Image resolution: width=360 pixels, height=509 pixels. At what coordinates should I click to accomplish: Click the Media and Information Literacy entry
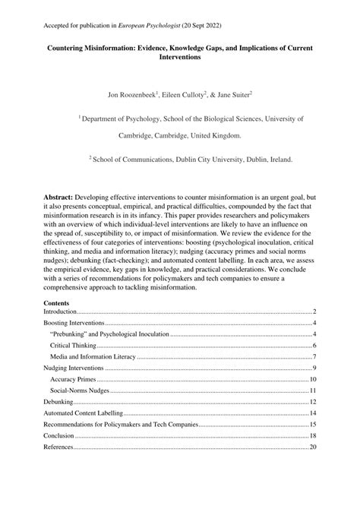[92, 356]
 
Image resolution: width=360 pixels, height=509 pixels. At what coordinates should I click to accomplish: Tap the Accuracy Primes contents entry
[74, 379]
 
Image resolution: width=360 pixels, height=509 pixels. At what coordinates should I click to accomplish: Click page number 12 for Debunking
[312, 402]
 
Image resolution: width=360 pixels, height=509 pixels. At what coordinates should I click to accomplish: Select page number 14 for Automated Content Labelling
[312, 413]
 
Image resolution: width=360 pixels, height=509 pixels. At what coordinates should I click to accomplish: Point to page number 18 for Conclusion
[312, 436]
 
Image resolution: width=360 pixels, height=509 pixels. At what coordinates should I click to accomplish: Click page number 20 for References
[312, 447]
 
